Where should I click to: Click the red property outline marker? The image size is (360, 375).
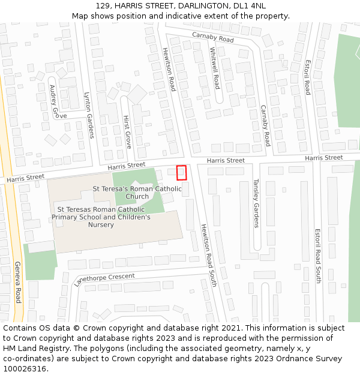point(181,173)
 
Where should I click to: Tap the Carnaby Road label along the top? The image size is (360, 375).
point(213,38)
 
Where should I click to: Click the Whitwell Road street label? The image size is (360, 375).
point(215,68)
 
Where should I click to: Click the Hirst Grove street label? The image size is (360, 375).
point(127,132)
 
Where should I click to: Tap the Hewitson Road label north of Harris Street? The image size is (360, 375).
point(169,69)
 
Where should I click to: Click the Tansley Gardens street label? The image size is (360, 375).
point(256,203)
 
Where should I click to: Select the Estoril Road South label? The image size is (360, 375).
point(318,256)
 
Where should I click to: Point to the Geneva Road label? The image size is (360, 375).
point(18,282)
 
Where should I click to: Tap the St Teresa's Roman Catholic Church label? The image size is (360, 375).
point(137,193)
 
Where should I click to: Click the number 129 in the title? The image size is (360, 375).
point(103,6)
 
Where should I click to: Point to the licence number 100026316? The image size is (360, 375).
point(24,369)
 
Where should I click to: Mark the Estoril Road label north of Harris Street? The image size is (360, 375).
point(308,76)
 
